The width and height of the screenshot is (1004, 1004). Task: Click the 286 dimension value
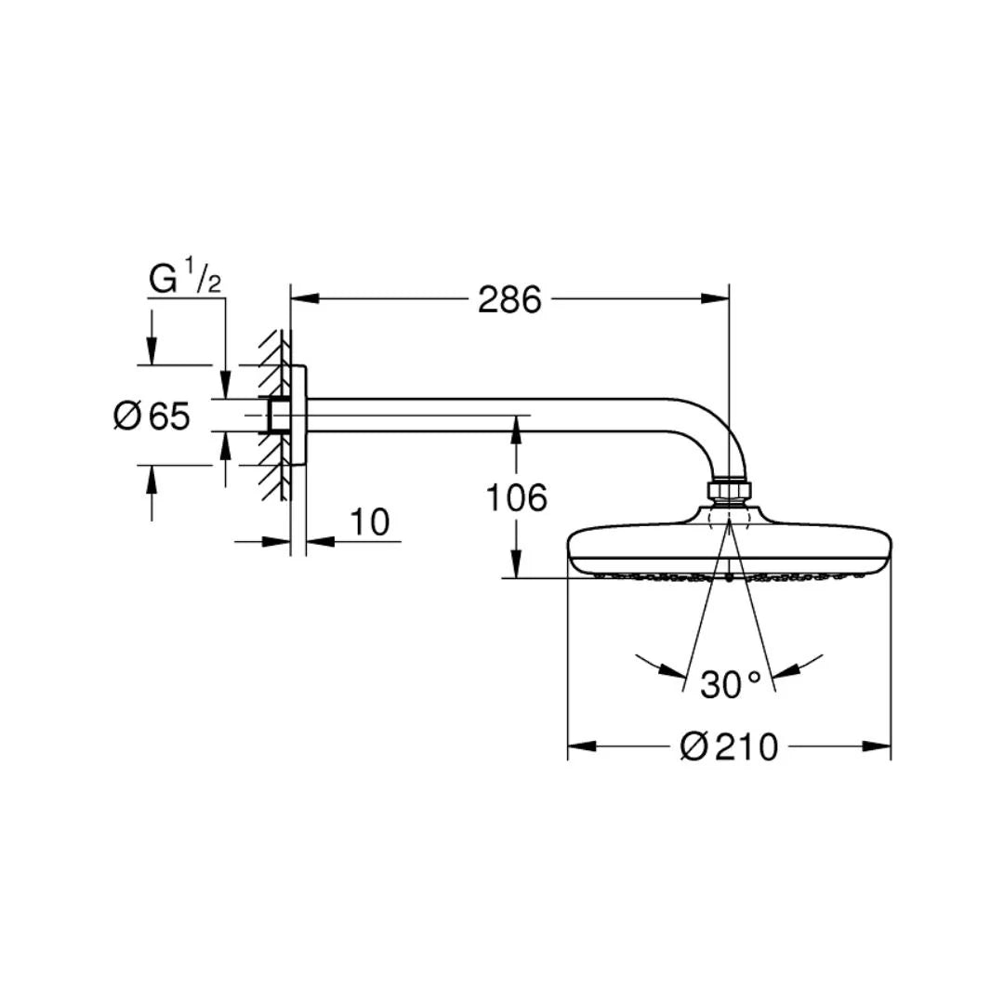coord(509,299)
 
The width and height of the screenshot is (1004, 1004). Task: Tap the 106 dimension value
coord(517,497)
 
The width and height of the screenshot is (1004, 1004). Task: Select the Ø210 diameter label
coord(729,746)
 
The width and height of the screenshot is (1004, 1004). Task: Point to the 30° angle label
coord(730,684)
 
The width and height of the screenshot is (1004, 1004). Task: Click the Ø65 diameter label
coord(152,416)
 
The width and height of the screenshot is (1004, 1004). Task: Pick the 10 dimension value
coord(370,522)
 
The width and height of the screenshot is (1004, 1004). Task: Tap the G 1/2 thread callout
coord(185,279)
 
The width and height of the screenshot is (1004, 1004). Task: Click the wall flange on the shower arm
coord(298,416)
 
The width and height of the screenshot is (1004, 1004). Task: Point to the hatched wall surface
coord(275,416)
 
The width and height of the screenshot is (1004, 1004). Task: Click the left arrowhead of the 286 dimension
coord(305,298)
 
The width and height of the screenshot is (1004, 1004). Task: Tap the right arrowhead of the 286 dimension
coord(715,298)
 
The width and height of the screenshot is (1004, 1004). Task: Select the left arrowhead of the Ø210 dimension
coord(582,746)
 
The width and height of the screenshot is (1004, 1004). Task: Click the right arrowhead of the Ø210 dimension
coord(877,746)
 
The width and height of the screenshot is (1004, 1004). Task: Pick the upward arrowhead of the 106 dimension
coord(517,429)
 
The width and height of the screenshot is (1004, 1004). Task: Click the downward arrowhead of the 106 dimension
coord(517,564)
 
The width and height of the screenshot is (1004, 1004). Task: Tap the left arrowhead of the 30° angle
coord(672,669)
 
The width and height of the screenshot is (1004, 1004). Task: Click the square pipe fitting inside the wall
coord(278,416)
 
